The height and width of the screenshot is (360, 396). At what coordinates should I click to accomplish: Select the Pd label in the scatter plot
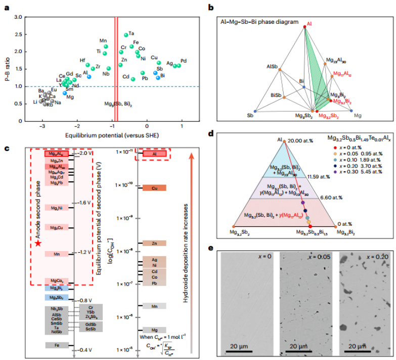coord(184,61)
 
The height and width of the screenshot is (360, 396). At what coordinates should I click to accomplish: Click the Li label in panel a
coord(35,102)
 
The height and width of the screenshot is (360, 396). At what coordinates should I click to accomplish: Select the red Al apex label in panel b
coord(310,23)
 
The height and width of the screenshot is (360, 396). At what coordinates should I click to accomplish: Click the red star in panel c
coord(38,244)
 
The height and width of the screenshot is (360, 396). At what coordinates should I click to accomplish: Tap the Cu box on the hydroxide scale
coord(154,188)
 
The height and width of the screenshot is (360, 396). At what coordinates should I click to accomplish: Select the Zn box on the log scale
coord(154,243)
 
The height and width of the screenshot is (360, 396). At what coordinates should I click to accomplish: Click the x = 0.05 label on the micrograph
coord(319,257)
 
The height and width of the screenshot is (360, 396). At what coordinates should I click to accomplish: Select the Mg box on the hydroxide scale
coord(154,330)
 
